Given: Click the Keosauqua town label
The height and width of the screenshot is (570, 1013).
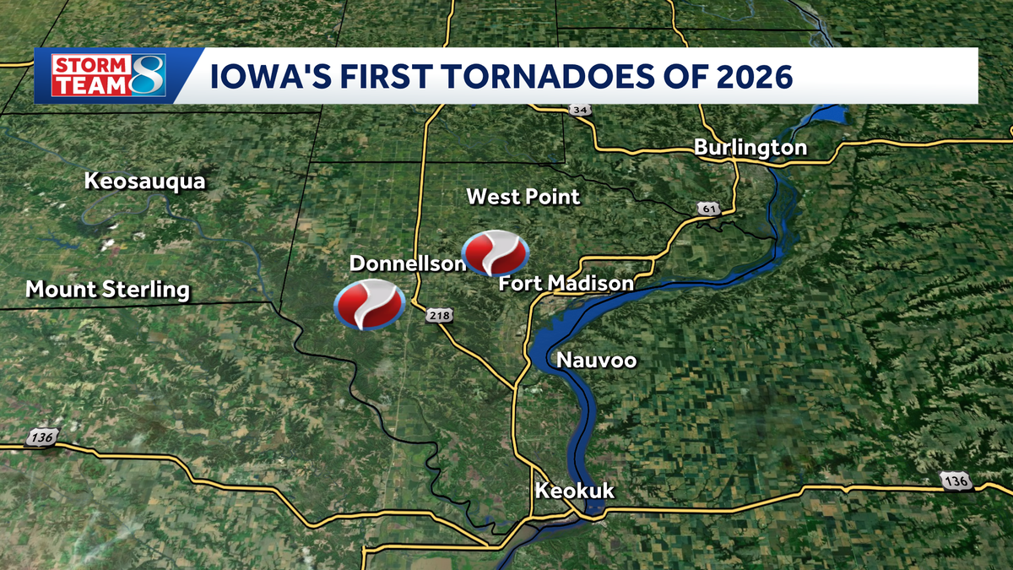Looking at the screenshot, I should tap(144, 181).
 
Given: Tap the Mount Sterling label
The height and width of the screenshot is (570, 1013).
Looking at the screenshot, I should tap(107, 290).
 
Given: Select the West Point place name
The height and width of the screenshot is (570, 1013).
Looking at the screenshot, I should tap(523, 197).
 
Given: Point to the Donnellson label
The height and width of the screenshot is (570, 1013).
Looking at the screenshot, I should tap(408, 263).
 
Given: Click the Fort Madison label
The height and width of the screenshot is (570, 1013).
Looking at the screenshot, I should tap(566, 283).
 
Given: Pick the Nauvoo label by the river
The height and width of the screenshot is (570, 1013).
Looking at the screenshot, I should tap(596, 361).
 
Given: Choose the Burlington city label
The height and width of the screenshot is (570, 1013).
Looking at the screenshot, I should tap(750, 148).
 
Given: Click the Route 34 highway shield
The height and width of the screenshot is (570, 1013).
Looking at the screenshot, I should tap(578, 111).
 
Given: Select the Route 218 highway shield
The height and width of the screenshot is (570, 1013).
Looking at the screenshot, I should tap(441, 315).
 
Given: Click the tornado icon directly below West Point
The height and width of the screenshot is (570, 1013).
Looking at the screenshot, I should tap(496, 252).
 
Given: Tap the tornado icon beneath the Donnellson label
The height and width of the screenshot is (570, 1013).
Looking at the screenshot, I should tap(370, 306).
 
